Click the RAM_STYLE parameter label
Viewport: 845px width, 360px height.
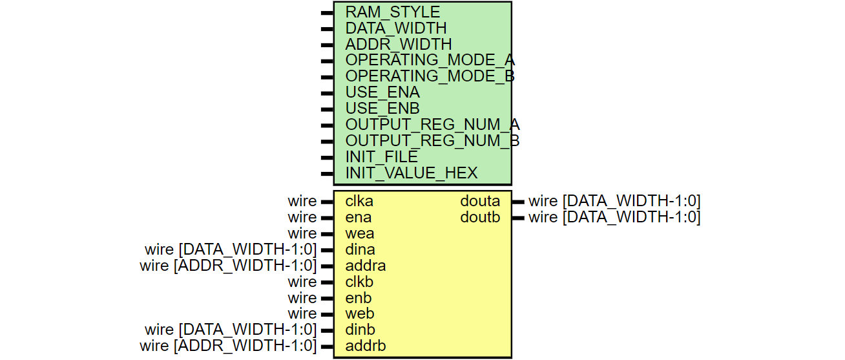click(x=392, y=12)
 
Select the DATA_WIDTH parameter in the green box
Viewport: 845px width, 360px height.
click(x=395, y=28)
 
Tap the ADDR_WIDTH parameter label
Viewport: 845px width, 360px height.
click(x=398, y=45)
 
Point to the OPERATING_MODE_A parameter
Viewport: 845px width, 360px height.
click(x=430, y=61)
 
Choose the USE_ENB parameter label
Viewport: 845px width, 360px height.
click(x=382, y=109)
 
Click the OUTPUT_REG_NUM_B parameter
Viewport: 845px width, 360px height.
click(x=432, y=141)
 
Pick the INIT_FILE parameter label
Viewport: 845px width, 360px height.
click(x=381, y=157)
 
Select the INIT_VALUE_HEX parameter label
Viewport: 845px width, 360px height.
click(x=411, y=173)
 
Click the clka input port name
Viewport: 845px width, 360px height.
click(x=359, y=202)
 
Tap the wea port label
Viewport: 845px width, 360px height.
click(x=359, y=233)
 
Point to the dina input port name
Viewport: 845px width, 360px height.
click(x=360, y=249)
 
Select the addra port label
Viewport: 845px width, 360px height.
click(x=365, y=266)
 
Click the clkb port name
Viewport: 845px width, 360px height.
click(x=359, y=282)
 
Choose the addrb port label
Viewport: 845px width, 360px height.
click(x=365, y=346)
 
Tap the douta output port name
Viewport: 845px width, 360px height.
click(x=480, y=202)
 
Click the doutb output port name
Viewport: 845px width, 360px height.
click(x=480, y=218)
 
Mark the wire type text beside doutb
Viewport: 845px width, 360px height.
click(x=614, y=218)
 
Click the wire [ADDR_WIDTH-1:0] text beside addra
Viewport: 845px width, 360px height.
click(x=228, y=266)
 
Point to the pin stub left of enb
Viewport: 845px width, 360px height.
click(x=327, y=298)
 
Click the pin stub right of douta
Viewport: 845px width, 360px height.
click(x=518, y=202)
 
